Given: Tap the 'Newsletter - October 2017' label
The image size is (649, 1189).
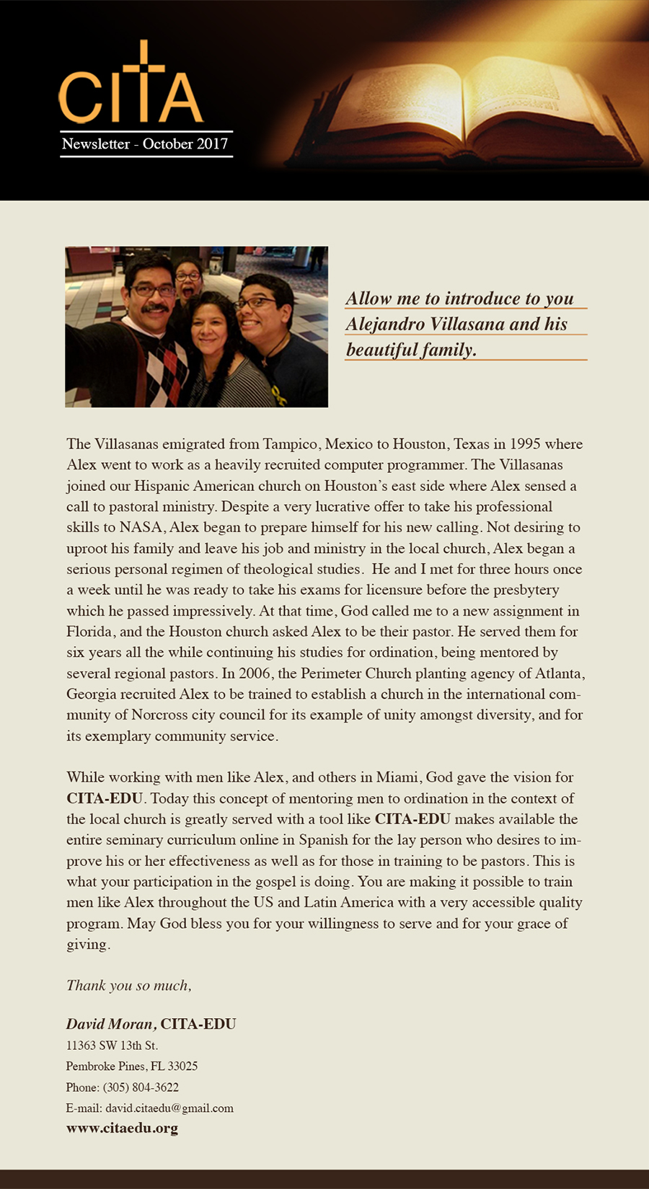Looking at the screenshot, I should tap(145, 144).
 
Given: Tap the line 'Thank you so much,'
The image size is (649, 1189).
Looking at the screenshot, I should tap(129, 986).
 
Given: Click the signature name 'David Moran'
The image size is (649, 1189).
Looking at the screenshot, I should tap(110, 1025).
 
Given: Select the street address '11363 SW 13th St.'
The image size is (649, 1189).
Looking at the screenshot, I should tap(112, 1046).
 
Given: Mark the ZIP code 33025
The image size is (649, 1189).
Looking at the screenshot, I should tap(183, 1066).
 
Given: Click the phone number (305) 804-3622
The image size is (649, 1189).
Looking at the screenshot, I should tap(141, 1087).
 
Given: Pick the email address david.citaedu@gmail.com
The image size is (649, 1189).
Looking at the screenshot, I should tap(169, 1108).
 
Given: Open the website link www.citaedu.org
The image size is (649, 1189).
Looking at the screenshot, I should tap(122, 1128).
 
